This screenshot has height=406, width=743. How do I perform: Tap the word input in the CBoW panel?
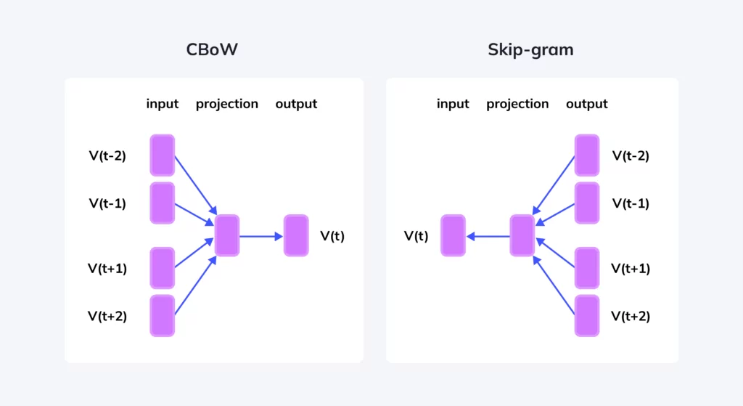(162, 104)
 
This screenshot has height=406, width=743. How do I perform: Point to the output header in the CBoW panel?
(296, 104)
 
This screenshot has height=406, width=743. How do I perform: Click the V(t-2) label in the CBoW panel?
(107, 155)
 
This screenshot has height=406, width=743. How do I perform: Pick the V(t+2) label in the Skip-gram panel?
(631, 316)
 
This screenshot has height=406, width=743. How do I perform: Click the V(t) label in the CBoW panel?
(332, 235)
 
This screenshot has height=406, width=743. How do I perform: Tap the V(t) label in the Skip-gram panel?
(416, 235)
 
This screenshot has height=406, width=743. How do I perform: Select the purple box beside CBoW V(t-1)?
(163, 203)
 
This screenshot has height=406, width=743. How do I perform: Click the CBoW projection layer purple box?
(227, 235)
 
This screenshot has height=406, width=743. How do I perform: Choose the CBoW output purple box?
(296, 235)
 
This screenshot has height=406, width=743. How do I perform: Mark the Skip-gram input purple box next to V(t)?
(453, 235)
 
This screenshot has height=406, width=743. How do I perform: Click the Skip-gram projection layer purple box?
(522, 235)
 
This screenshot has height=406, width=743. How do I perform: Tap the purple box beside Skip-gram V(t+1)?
(586, 268)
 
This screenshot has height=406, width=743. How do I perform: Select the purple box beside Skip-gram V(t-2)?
(586, 155)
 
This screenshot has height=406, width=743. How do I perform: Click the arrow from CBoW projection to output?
(261, 235)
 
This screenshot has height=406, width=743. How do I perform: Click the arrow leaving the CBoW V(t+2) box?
(195, 285)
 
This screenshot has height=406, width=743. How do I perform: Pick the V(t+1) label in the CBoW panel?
(107, 269)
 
